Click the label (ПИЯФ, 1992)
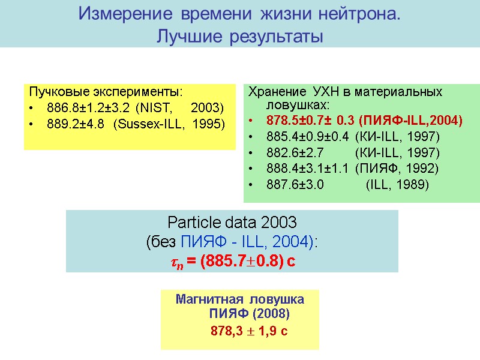pos(397,168)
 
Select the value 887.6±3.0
pos(295,184)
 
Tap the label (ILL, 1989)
pos(397,184)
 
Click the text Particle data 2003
pos(232,223)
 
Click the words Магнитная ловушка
pos(240,299)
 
